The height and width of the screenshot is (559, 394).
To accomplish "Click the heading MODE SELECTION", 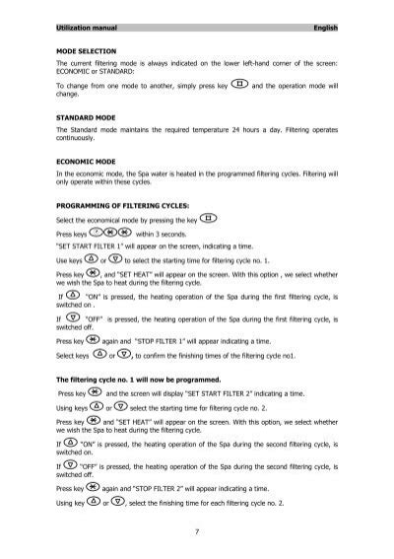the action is point(87,49).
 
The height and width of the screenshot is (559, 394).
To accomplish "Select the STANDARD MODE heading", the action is point(90,117).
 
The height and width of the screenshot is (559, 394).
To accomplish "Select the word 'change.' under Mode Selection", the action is point(71,97).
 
